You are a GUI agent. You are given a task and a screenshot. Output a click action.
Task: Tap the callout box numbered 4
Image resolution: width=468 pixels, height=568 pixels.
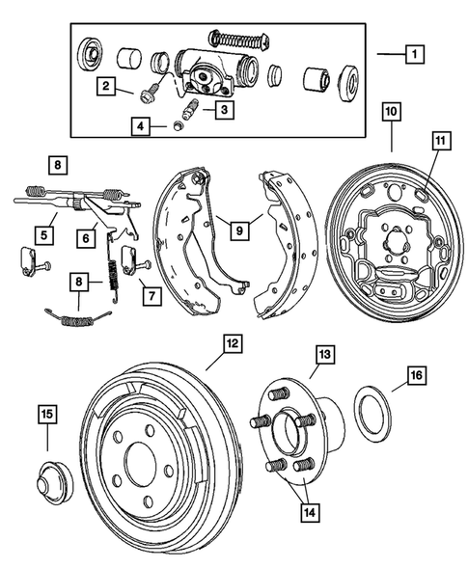point(142,125)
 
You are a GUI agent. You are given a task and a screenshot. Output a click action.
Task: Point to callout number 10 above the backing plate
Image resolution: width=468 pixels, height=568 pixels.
point(393,113)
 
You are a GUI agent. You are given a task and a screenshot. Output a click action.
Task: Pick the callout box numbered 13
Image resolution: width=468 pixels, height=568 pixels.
point(323,356)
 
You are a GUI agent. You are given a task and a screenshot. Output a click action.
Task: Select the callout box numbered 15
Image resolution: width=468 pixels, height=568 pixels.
point(45,415)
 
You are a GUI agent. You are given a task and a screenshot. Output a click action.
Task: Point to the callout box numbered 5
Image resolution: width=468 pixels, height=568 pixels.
point(43,231)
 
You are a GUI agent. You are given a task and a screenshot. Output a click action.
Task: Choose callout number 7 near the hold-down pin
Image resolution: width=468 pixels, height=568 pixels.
point(150,293)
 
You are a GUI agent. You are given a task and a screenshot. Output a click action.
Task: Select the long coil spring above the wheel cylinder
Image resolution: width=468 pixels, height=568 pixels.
point(238,40)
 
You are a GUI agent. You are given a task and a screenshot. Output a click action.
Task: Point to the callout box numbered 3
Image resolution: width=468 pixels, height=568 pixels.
point(223,110)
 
